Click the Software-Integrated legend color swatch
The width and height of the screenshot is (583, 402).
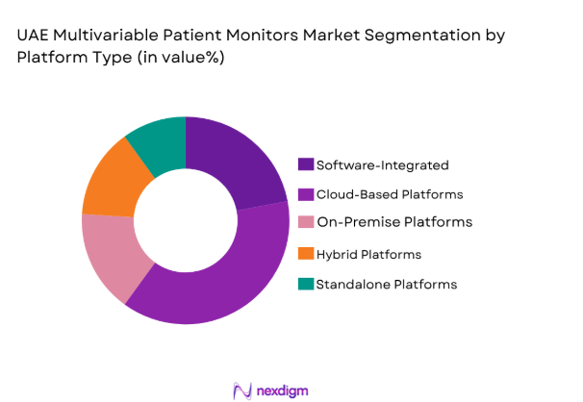pos(306,164)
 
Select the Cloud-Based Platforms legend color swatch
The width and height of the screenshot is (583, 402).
pos(306,193)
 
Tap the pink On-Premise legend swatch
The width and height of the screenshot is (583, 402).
pos(306,223)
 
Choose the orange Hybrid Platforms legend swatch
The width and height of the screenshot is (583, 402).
pos(306,254)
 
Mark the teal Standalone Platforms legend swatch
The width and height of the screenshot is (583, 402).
pos(306,284)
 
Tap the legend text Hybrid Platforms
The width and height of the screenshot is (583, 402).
pos(369,254)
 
